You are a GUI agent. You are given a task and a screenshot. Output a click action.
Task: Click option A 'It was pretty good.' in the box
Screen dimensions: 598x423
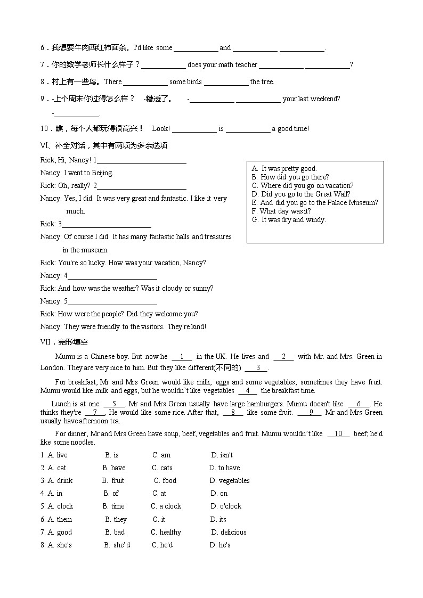[284, 169]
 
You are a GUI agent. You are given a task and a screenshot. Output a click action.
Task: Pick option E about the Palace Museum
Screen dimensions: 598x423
[315, 203]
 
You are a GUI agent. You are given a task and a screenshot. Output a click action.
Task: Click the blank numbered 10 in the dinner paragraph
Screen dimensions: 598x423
[338, 434]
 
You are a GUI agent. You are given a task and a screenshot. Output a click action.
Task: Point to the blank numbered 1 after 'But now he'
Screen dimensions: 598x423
[182, 357]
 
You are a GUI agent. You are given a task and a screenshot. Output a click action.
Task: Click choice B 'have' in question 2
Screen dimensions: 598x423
[114, 468]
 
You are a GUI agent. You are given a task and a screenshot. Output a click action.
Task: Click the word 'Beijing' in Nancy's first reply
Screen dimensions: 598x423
[102, 173]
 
